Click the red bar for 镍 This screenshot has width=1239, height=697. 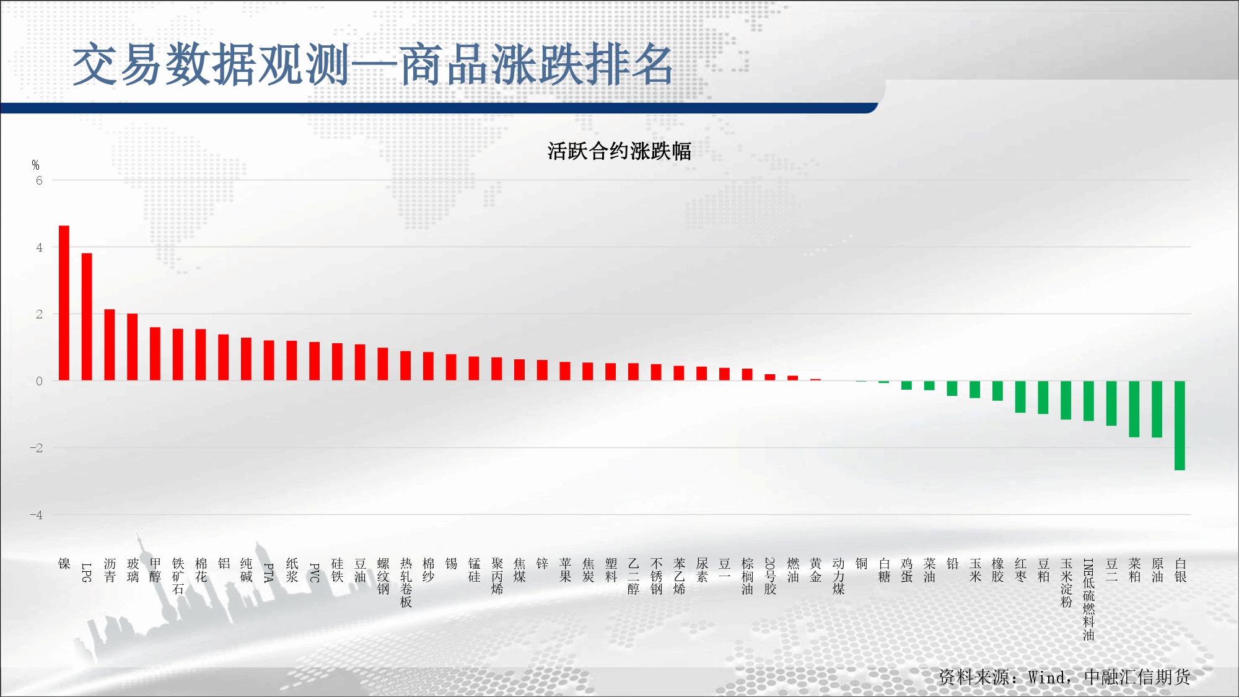click(x=64, y=303)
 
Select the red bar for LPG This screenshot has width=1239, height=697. click(x=87, y=317)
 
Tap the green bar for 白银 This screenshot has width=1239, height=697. click(x=1180, y=426)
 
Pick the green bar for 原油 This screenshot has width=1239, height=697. click(x=1157, y=410)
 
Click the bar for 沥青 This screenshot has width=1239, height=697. click(x=110, y=344)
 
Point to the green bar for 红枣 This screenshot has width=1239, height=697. click(x=1020, y=397)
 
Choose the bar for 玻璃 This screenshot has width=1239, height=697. click(x=133, y=347)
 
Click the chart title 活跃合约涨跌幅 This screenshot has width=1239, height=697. click(x=619, y=151)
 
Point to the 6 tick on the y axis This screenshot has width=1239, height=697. click(x=39, y=180)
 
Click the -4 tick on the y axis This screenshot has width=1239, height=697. click(x=37, y=515)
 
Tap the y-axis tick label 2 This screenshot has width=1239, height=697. click(x=39, y=314)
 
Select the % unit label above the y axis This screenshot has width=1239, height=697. click(x=35, y=165)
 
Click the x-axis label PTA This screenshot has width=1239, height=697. click(x=269, y=572)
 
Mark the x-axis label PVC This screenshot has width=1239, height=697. click(x=315, y=572)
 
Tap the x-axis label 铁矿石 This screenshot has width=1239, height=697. click(x=178, y=576)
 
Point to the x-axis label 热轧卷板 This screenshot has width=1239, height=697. click(x=406, y=582)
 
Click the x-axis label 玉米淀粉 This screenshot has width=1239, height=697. click(x=1066, y=582)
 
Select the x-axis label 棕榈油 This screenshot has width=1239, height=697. click(x=747, y=576)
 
